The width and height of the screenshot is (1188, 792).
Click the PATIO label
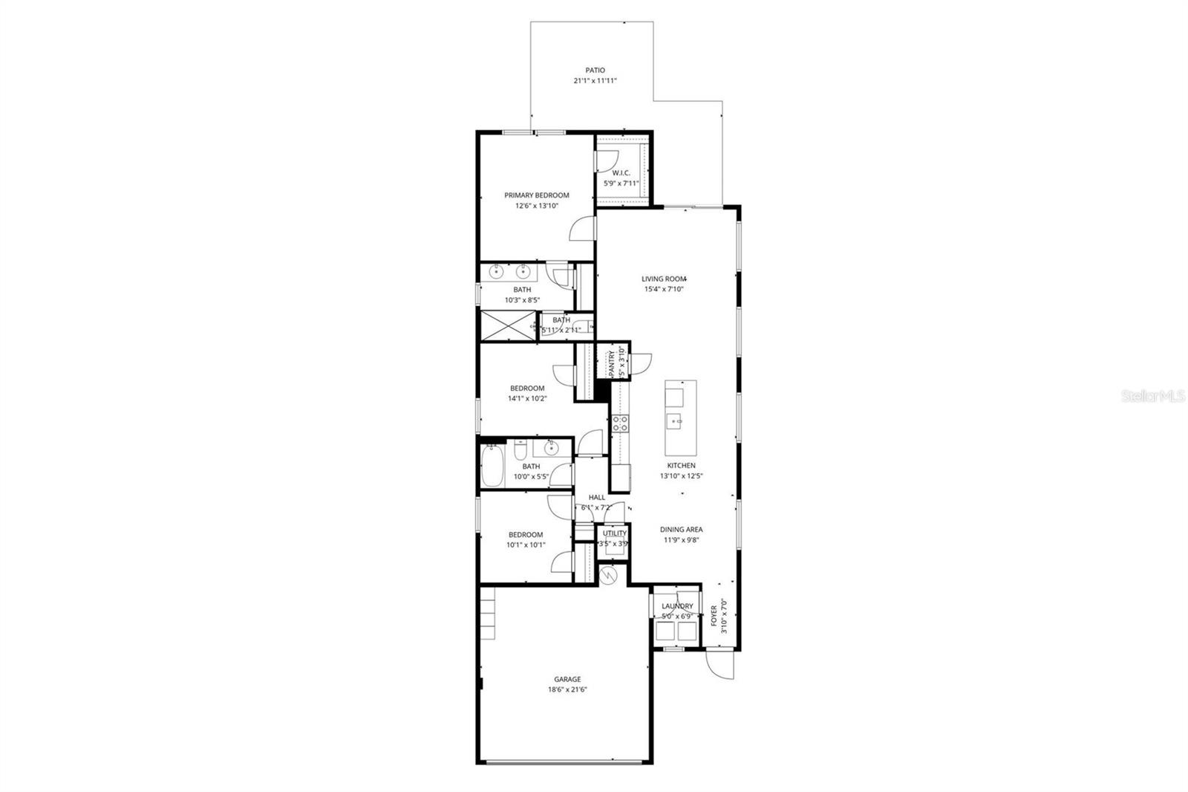(595, 71)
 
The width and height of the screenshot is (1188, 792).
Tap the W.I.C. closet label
(621, 173)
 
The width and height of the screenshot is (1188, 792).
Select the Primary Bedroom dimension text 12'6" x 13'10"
(537, 206)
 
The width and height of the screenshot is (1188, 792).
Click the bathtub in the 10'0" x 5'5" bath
(492, 465)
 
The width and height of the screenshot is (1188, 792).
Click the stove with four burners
(620, 424)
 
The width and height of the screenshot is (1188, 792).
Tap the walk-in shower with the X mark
(508, 325)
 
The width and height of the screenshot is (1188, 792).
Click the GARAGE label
(567, 679)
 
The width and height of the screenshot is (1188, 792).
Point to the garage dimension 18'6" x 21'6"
(567, 689)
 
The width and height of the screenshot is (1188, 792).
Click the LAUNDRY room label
(677, 606)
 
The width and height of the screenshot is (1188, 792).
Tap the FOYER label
(714, 616)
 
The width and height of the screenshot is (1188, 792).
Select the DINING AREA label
(682, 530)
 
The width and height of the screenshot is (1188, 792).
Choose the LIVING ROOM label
(663, 279)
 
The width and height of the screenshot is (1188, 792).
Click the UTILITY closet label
(615, 533)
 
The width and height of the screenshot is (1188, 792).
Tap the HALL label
(597, 497)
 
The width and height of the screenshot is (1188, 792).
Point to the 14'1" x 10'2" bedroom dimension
(527, 398)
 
